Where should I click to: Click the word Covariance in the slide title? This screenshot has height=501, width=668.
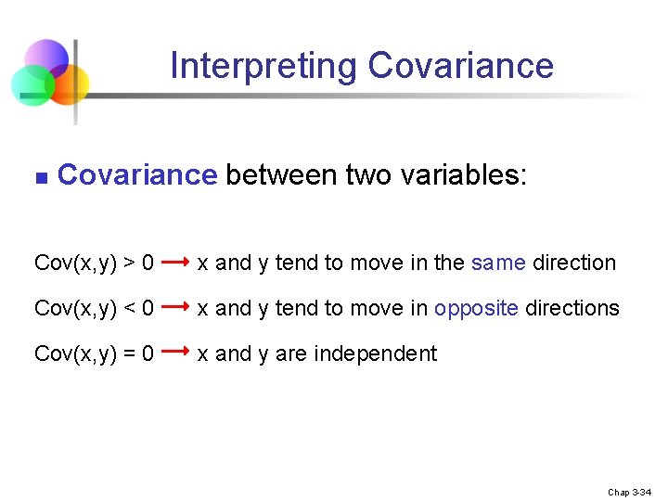coord(460,67)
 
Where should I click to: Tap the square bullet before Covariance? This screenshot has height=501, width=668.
coord(39,175)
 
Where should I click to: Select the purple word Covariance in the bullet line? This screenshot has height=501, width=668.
coord(136,174)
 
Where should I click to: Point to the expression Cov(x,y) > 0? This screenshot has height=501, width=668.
coord(94,263)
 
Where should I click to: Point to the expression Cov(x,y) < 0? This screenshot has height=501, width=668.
coord(94,308)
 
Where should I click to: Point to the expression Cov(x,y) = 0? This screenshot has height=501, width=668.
coord(94,353)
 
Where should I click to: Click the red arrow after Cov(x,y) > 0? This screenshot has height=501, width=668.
coord(176,263)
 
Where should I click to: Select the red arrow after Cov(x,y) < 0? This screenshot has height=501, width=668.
coord(176,307)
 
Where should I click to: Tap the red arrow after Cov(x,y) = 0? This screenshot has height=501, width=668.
coord(176,353)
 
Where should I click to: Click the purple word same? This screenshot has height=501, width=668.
coord(498,263)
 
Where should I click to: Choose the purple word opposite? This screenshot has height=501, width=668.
coord(476,308)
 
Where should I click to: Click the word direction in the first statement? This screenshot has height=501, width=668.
coord(573,263)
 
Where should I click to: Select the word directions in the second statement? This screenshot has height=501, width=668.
coord(572,308)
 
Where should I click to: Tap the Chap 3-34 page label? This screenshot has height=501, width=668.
coord(630,492)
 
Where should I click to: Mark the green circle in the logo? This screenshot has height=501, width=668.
coord(31,85)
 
